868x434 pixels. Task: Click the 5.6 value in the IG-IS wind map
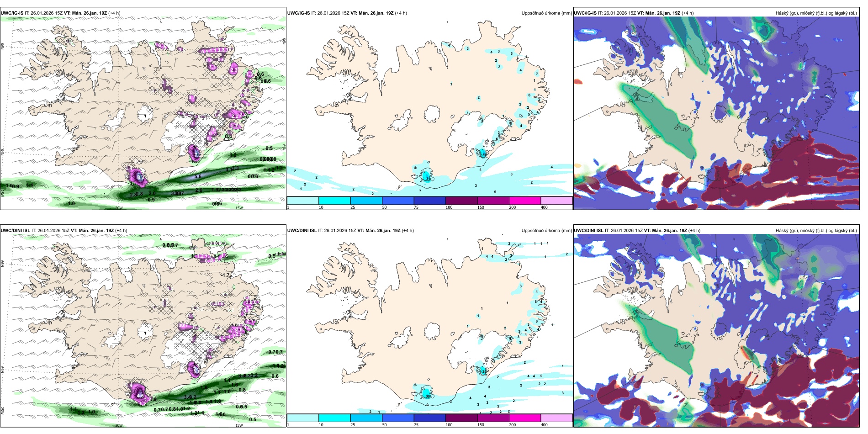coord(198,176)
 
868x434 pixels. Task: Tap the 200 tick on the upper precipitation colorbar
coord(512,207)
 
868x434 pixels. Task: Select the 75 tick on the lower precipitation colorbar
coord(416,425)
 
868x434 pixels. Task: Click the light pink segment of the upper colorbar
coord(556,201)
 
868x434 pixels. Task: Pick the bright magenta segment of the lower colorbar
coord(525,418)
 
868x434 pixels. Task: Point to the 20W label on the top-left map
coord(119,208)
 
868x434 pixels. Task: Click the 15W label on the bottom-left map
coord(238,425)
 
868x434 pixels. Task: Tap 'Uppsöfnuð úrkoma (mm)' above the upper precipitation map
coord(546,13)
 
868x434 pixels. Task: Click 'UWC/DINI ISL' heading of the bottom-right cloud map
coord(589,231)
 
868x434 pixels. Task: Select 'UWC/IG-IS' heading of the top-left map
coord(11,13)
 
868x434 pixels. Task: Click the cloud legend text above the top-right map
coord(816,13)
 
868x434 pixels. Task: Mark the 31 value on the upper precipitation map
coord(428,179)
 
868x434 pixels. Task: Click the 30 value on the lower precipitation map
coord(428,396)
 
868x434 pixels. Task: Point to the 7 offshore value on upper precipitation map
coord(420,191)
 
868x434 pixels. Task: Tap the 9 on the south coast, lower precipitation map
coord(428,405)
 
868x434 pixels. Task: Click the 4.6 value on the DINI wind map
coord(140,396)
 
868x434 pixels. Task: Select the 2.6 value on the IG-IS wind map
coord(199,190)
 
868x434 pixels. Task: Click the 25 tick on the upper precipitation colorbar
coord(352,207)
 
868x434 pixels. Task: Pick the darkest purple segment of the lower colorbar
coord(461,418)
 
